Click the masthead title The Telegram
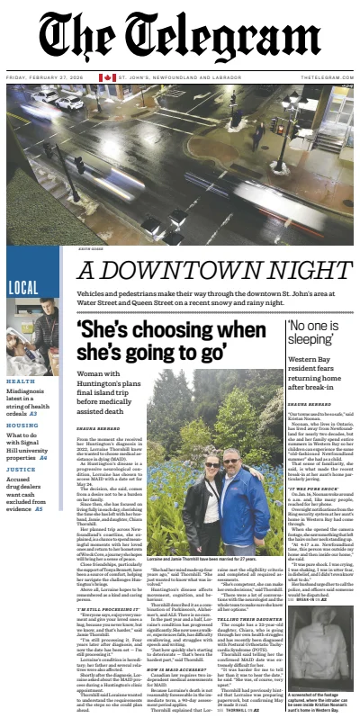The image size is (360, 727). [x=179, y=36]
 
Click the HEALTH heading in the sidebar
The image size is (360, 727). [x=20, y=381]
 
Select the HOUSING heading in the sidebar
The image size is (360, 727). [x=22, y=425]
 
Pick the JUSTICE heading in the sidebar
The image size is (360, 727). [x=22, y=468]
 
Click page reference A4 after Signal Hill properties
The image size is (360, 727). [x=43, y=458]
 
